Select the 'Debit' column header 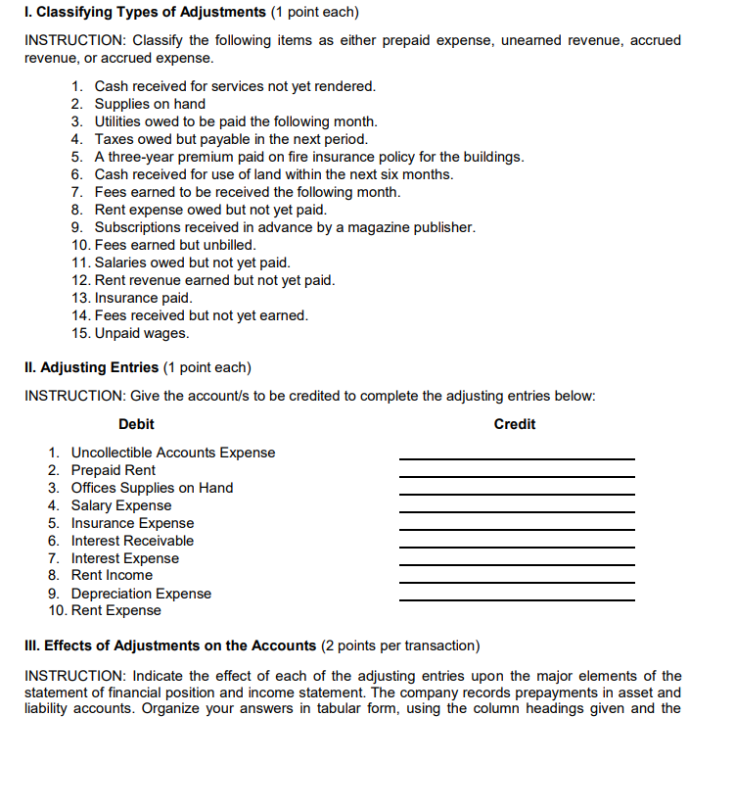(136, 424)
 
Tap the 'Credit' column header (515, 424)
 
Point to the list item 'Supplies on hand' (150, 104)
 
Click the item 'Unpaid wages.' (142, 333)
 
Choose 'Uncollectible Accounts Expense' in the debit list (173, 453)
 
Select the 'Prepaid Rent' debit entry (114, 470)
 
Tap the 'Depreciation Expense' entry (141, 594)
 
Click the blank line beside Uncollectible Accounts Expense (516, 457)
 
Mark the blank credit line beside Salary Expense (516, 510)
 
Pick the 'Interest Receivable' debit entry (132, 541)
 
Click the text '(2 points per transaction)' (400, 645)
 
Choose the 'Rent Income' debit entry (112, 575)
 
